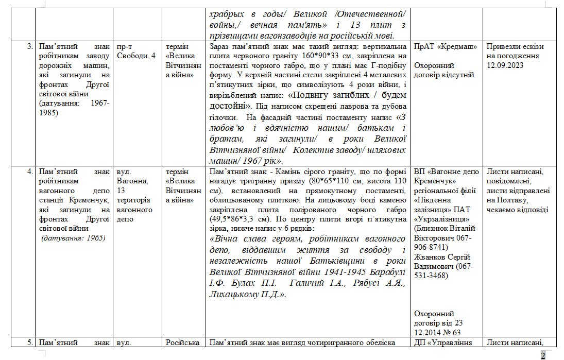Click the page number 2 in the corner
543,355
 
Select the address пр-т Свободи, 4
136,51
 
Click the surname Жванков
433,257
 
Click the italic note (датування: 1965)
73,237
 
